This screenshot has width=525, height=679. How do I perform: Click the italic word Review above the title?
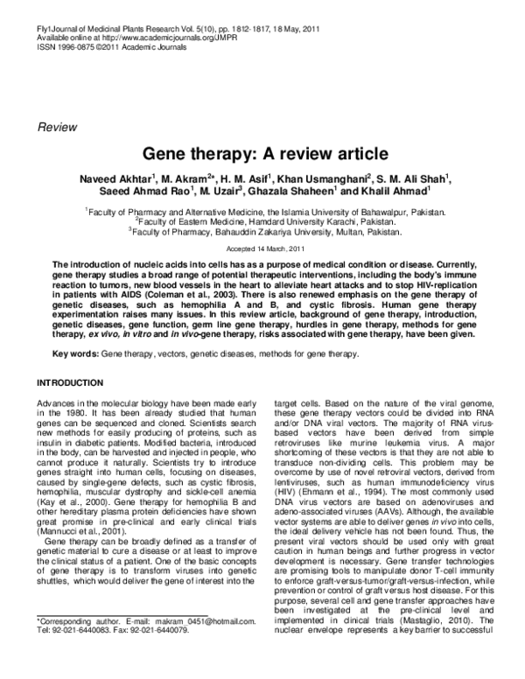coord(55,128)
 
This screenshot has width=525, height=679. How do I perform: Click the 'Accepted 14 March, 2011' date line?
coord(262,248)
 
